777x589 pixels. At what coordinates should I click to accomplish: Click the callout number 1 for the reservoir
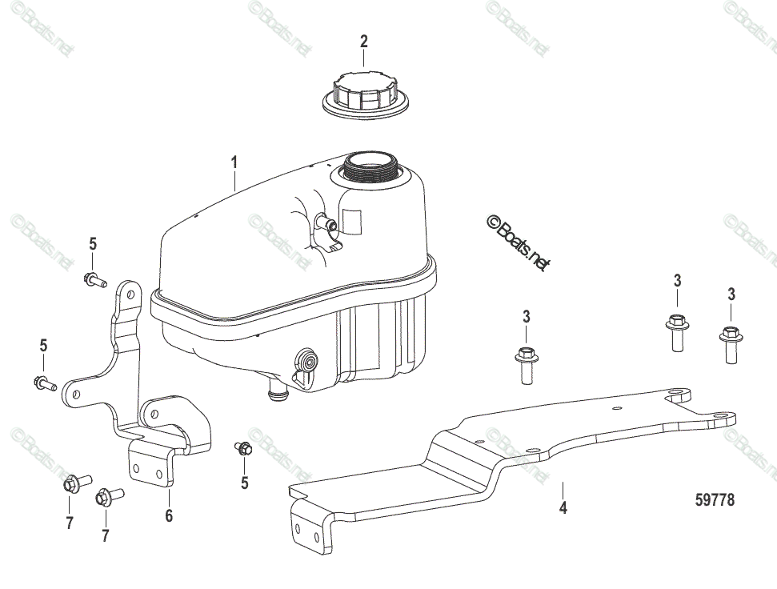point(234,162)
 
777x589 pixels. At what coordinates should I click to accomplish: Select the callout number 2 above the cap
point(364,41)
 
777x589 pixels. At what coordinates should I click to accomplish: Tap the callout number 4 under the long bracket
point(563,507)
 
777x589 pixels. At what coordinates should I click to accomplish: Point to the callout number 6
point(169,515)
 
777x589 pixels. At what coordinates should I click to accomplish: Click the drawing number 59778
point(715,500)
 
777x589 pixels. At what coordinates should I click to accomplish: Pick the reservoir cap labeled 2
point(365,94)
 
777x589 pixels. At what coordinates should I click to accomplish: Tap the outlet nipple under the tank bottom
point(277,390)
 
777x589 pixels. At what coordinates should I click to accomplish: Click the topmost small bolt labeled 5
point(94,280)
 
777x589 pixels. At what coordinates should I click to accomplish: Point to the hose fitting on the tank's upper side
point(327,224)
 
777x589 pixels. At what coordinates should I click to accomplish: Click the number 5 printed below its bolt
point(245,483)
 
